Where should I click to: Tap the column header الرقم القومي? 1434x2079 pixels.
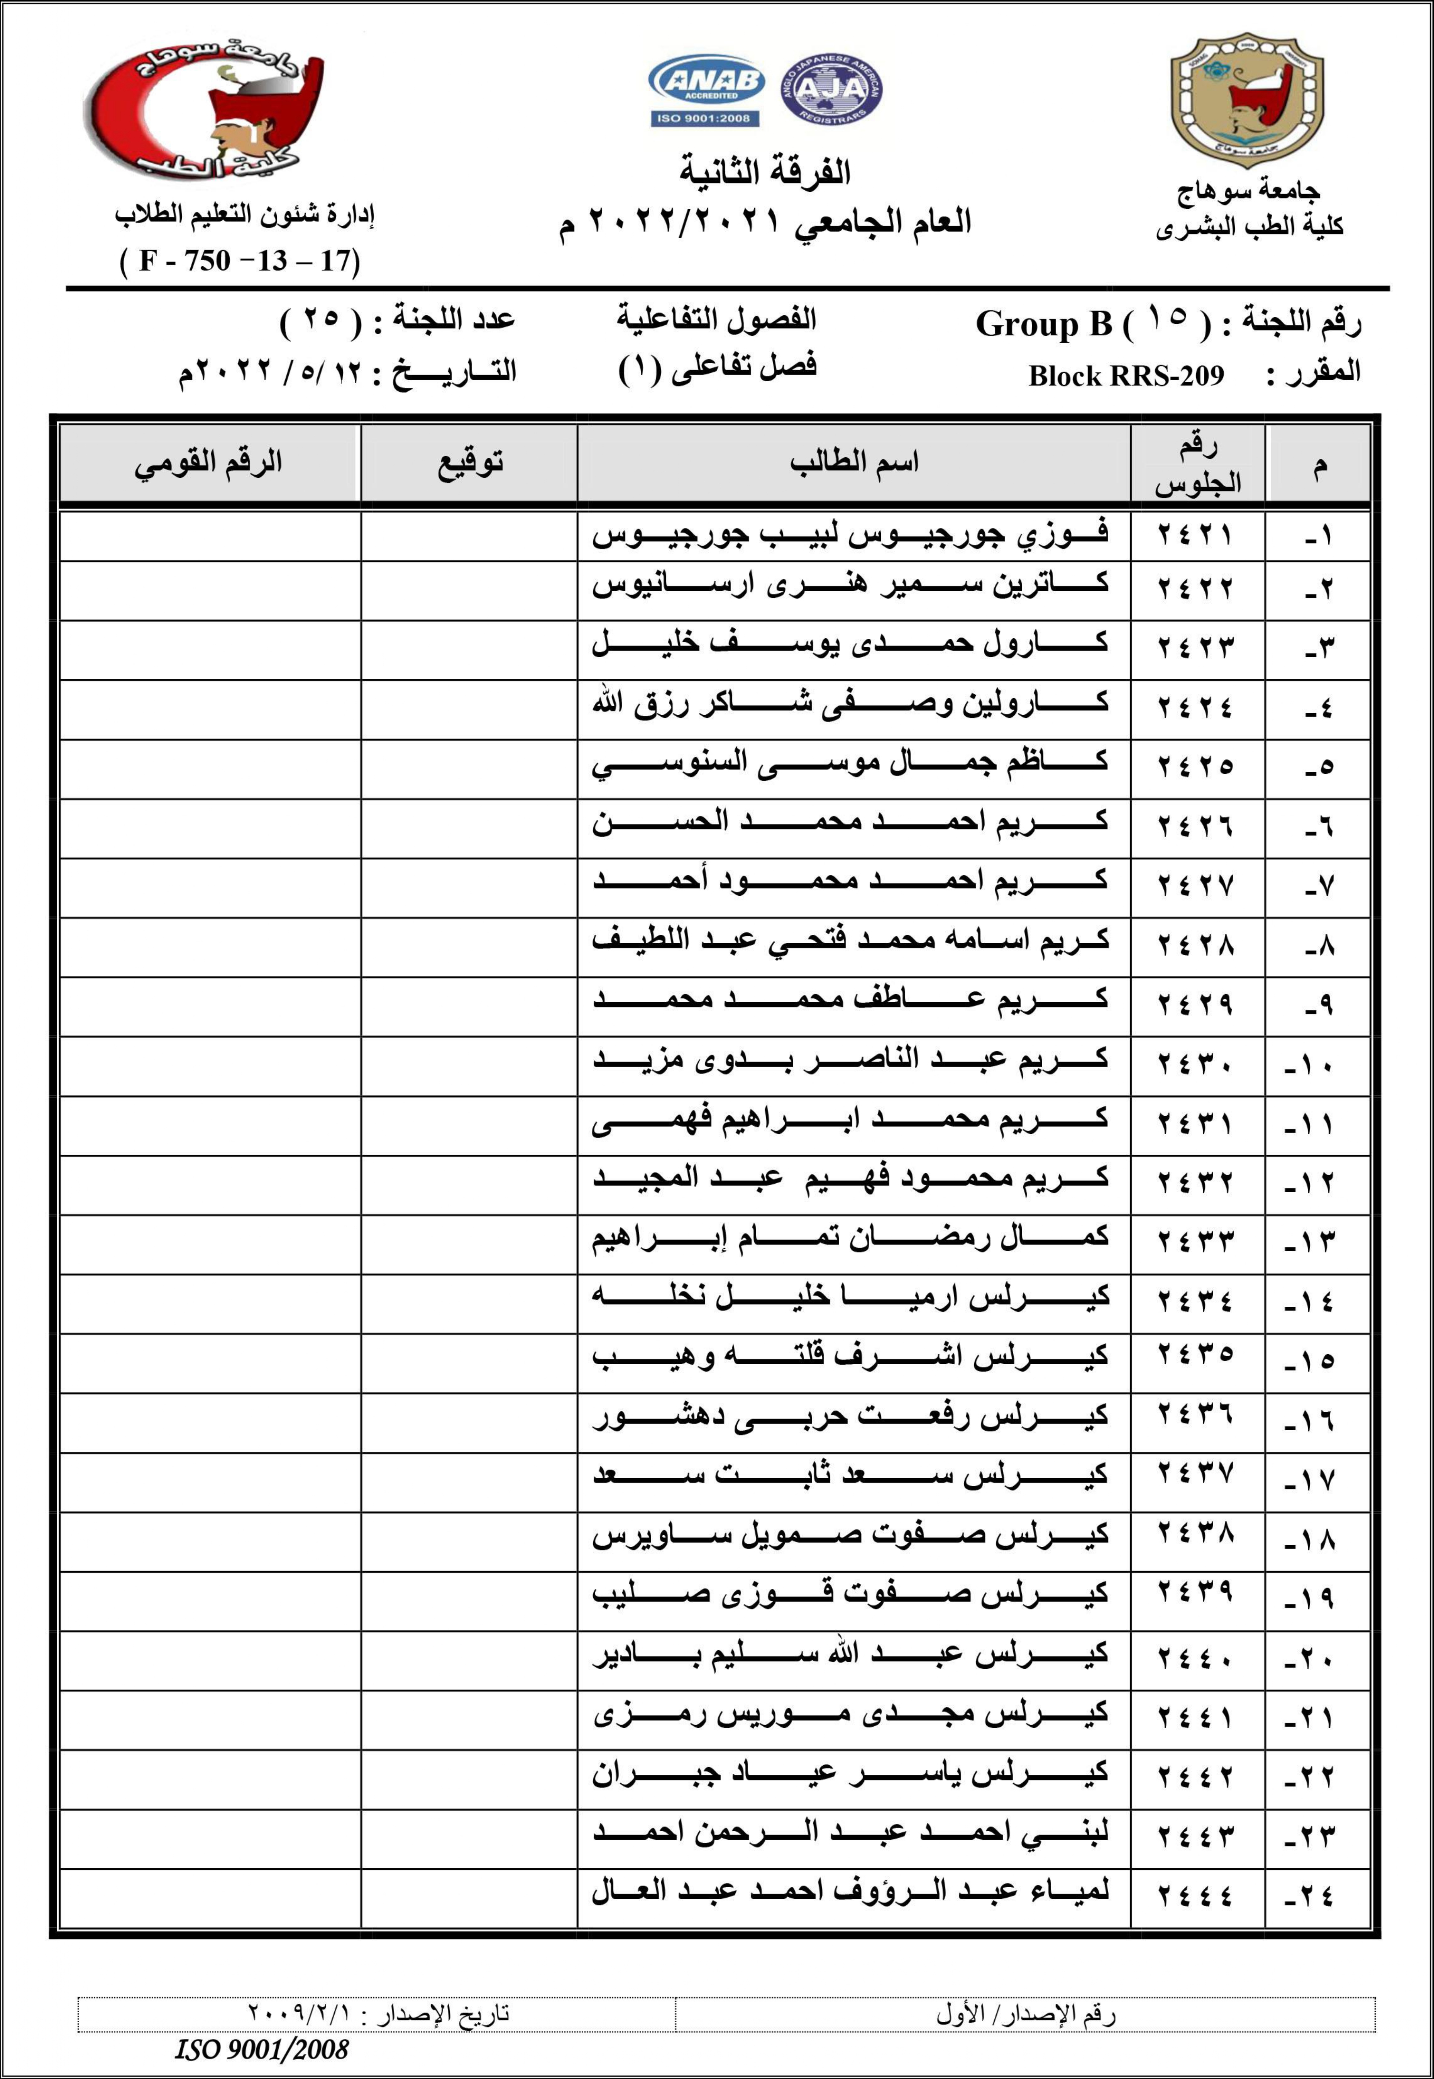[x=208, y=463]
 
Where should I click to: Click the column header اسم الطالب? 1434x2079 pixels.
[x=854, y=463]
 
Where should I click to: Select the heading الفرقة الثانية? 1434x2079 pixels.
[x=765, y=171]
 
